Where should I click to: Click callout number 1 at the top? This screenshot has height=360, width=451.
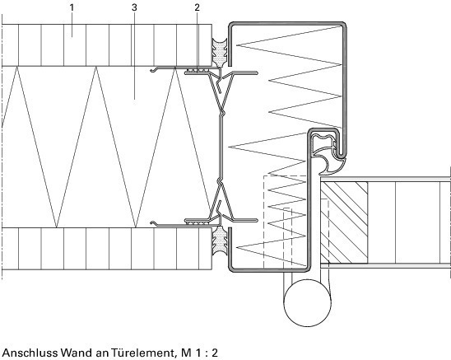(x=72, y=7)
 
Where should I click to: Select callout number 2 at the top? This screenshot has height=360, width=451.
(x=197, y=7)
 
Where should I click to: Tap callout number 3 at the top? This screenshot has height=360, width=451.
(x=134, y=7)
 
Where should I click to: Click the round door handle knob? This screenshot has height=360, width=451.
(x=307, y=302)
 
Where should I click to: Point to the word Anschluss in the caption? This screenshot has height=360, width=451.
(x=30, y=353)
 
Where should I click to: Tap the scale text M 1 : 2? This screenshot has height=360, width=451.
(x=199, y=353)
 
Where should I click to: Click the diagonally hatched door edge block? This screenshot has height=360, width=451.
(x=344, y=222)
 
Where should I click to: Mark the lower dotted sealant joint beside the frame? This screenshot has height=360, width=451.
(x=220, y=241)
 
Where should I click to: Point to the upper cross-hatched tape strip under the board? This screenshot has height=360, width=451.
(x=198, y=70)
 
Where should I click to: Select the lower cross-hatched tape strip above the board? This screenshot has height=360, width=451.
(x=198, y=222)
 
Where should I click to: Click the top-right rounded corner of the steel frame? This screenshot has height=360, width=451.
(x=343, y=24)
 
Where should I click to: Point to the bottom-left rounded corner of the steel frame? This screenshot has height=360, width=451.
(x=231, y=269)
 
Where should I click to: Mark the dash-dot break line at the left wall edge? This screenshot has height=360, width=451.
(x=2, y=147)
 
